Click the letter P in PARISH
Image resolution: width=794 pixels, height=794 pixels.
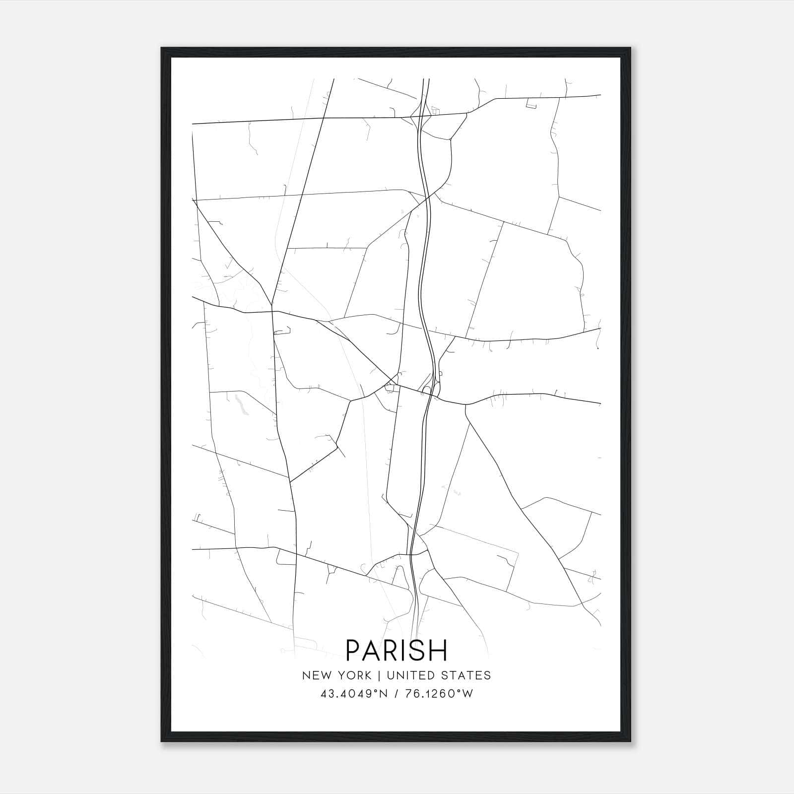click(354, 650)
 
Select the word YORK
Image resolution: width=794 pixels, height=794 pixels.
click(353, 675)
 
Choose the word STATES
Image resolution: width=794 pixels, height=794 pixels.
click(468, 675)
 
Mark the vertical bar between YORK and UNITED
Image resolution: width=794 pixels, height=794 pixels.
click(379, 675)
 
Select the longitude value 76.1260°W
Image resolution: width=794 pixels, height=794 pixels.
click(440, 694)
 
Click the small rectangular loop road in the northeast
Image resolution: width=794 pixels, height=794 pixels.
click(531, 104)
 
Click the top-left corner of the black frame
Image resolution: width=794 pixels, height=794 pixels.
click(162, 48)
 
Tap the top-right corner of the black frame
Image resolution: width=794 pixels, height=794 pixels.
click(630, 48)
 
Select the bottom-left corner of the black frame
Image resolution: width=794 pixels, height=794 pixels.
click(162, 741)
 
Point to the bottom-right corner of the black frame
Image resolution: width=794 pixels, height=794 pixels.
click(630, 741)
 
